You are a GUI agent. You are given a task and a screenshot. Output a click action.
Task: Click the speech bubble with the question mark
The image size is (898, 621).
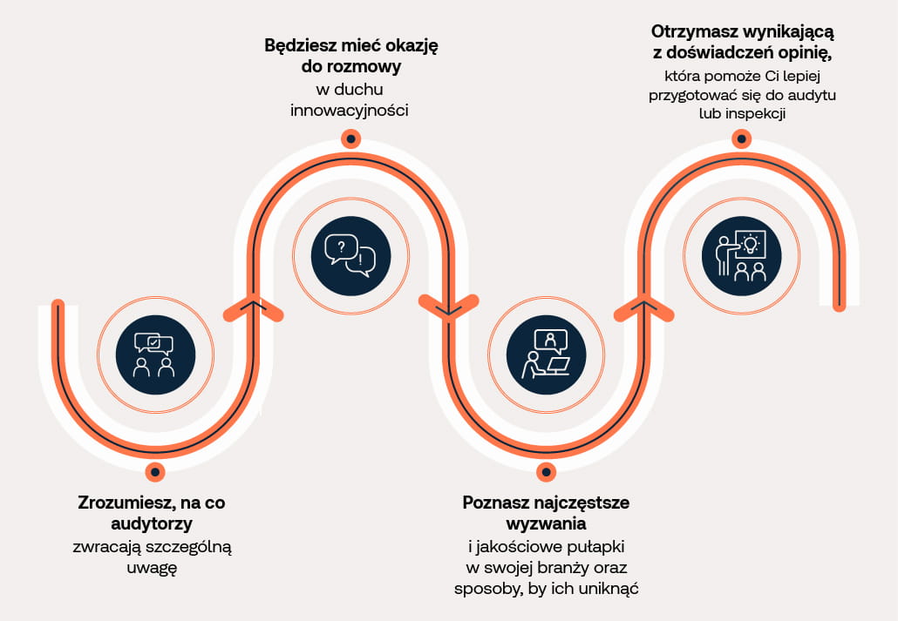(342, 248)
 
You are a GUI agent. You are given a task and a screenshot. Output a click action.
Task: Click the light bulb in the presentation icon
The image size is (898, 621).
(750, 245)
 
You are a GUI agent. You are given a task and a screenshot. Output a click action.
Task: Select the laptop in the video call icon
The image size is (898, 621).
(557, 365)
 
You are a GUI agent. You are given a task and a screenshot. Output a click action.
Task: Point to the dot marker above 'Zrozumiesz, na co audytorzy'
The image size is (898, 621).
(154, 472)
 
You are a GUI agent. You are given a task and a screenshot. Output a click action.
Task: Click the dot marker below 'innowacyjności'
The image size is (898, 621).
(350, 138)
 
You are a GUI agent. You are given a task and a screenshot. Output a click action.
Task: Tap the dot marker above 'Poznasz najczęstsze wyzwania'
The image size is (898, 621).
(546, 472)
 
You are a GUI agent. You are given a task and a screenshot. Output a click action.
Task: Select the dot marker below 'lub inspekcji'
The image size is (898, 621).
(742, 138)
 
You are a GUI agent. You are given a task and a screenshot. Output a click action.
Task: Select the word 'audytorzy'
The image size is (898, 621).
(152, 523)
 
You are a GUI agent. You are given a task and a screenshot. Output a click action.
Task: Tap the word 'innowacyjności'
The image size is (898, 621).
(350, 110)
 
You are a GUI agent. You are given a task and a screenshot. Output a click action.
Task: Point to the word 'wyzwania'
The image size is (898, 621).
(546, 523)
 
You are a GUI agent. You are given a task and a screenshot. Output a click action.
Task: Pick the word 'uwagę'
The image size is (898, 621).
(152, 569)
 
